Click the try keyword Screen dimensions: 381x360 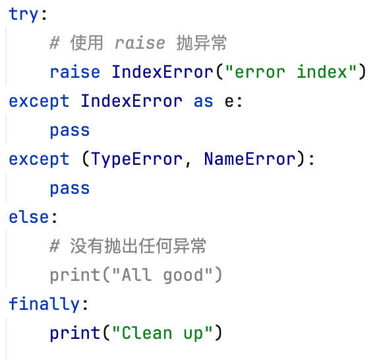coord(23,15)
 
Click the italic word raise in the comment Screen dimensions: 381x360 coord(140,43)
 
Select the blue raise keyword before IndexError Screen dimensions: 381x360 coord(75,72)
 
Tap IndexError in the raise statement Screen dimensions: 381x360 coord(162,72)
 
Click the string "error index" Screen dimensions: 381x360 coord(291,72)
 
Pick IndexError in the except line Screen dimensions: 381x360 coord(131,101)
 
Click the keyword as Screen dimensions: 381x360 coord(204,102)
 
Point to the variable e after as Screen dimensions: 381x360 coord(229,102)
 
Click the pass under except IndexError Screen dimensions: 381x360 coord(70,131)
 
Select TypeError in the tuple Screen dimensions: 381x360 coord(137,159)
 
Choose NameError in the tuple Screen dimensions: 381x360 coord(250,159)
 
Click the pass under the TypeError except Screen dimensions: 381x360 coord(70,189)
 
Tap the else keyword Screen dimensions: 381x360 coord(28,217)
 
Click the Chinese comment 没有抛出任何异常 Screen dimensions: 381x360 coord(138,246)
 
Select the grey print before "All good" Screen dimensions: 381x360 coord(75,276)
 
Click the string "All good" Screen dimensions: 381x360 coord(162,276)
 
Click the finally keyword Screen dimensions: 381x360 coord(44,304)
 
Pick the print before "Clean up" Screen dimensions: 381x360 coord(75,334)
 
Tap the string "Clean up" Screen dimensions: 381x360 coord(162,333)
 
